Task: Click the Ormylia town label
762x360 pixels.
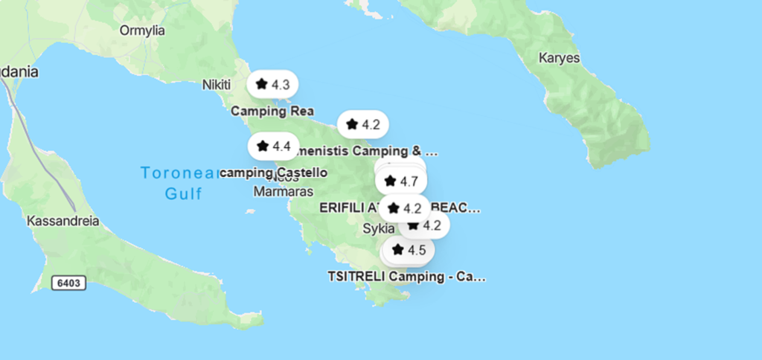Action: point(142,30)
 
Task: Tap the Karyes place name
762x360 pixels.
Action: point(559,57)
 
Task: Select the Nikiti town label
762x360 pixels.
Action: point(217,85)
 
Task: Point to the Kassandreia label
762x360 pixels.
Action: point(63,221)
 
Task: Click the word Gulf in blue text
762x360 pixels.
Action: point(184,193)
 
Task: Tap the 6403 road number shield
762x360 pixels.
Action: point(69,283)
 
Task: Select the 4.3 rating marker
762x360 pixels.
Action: point(272,84)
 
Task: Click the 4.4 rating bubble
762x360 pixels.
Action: point(272,146)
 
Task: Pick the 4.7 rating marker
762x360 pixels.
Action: point(401,181)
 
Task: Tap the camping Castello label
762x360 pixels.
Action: point(274,173)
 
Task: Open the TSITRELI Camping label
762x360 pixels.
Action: point(406,277)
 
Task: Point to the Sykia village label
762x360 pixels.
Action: point(378,228)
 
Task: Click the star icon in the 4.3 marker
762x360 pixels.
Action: point(261,84)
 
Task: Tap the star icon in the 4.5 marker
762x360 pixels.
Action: point(397,249)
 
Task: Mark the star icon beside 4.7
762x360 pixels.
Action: point(390,181)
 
